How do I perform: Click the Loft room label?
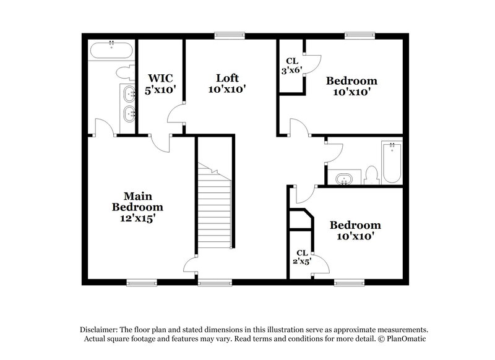tap(227, 79)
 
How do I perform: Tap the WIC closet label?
tap(160, 79)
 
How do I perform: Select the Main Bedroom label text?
tap(137, 201)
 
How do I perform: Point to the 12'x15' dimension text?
tap(137, 218)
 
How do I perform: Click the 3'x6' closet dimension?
tap(292, 71)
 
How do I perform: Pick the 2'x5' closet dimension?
tap(302, 261)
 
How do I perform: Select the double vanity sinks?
tap(129, 104)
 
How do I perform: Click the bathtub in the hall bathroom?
tap(392, 162)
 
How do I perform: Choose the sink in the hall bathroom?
tap(342, 179)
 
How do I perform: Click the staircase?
tap(215, 204)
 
